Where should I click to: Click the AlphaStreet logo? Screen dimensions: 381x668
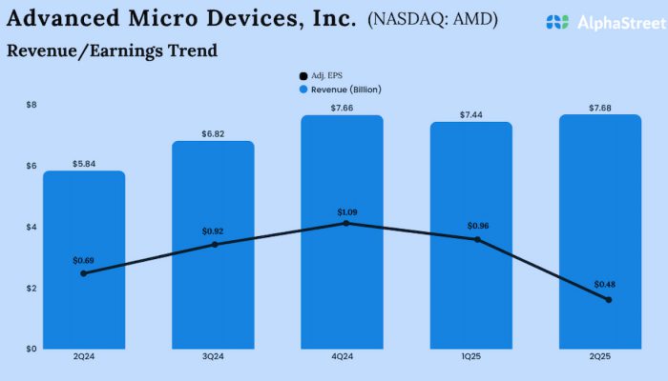598,21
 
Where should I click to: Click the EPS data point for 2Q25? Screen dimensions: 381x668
608,300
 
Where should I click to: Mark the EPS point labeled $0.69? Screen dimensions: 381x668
84,273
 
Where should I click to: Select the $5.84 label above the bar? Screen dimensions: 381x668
84,164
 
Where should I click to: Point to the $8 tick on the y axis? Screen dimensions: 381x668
32,104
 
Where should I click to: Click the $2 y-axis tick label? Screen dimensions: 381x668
32,288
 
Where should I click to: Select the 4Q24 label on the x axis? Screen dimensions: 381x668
343,358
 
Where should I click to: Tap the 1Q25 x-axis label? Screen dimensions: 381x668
471,358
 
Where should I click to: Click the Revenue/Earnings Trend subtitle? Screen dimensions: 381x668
112,50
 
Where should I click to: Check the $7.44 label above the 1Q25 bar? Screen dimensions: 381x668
471,113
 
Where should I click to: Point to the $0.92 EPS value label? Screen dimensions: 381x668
214,231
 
